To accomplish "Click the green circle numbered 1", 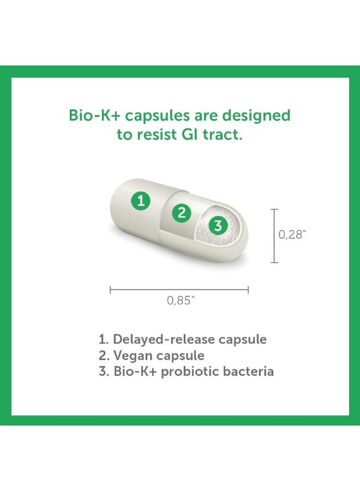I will [x=141, y=201].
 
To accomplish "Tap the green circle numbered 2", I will [x=182, y=212].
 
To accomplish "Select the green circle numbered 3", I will [x=218, y=225].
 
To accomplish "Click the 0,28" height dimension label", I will [x=292, y=235].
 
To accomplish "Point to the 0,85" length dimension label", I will [x=180, y=301].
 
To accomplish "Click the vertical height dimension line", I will [x=274, y=235].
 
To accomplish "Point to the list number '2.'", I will [x=103, y=356].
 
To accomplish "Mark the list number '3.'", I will [x=103, y=372].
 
